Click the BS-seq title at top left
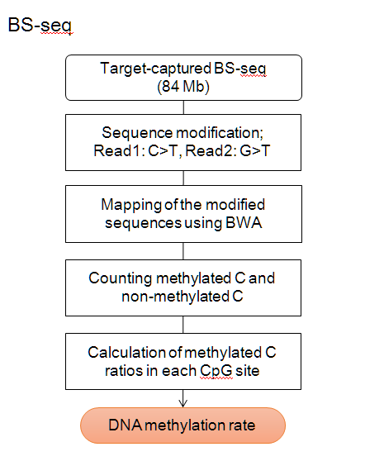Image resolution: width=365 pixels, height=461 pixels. click(x=40, y=26)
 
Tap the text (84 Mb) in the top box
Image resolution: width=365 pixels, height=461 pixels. click(x=183, y=87)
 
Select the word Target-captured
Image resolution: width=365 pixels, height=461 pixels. click(x=155, y=69)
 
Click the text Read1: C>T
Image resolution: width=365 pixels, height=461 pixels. click(x=136, y=151)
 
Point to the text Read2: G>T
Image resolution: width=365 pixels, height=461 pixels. click(x=228, y=151)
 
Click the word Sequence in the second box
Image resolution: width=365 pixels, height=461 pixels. click(x=137, y=132)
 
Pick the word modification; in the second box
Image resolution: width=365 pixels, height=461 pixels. click(x=220, y=132)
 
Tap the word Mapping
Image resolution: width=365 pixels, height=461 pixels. click(x=131, y=205)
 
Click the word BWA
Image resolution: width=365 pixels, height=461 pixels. click(x=244, y=222)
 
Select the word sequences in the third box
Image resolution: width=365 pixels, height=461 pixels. click(x=144, y=223)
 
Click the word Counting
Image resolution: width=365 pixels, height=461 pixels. click(x=121, y=278)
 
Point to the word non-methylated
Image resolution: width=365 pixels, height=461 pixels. click(x=175, y=297)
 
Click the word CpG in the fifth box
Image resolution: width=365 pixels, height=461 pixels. click(x=216, y=371)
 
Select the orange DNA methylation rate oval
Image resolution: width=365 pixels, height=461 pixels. click(x=182, y=425)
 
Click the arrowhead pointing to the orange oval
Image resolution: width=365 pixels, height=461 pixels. click(x=183, y=403)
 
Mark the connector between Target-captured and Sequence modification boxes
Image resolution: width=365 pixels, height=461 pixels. click(x=183, y=107)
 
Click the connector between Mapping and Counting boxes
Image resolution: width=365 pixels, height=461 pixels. click(x=183, y=251)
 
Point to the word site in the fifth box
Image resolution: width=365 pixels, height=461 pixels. click(x=248, y=371)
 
